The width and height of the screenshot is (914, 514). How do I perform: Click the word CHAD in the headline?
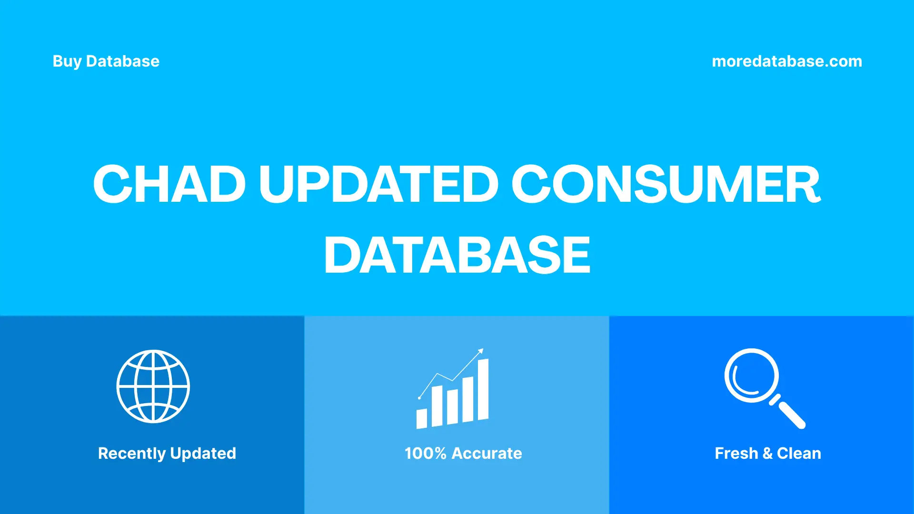pos(169,184)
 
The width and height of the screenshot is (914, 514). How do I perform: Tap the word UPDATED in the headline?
pos(378,184)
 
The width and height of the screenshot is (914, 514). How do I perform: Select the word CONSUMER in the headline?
pos(666,184)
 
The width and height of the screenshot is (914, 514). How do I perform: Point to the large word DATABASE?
pos(457,256)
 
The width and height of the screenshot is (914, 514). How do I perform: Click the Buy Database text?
pos(106,61)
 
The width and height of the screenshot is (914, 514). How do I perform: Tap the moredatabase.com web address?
pos(787,61)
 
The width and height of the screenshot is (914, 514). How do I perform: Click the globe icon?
pos(153,386)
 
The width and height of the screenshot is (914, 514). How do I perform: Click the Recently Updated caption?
pos(167,453)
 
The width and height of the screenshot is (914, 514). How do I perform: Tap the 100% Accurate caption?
pos(463,453)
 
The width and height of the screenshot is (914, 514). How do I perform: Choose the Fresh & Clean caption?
pos(768,453)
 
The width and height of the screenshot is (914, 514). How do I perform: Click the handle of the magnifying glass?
pos(791,415)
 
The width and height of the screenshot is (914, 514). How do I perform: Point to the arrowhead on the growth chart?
pos(481,351)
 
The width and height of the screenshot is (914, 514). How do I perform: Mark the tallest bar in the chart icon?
pos(483,390)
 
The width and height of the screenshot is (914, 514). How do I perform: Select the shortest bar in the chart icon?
pos(422,419)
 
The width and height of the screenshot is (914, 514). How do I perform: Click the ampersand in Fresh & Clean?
pos(767,453)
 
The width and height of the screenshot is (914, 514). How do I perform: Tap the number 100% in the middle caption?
pos(425,453)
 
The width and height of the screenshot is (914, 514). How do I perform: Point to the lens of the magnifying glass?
pos(752,376)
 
